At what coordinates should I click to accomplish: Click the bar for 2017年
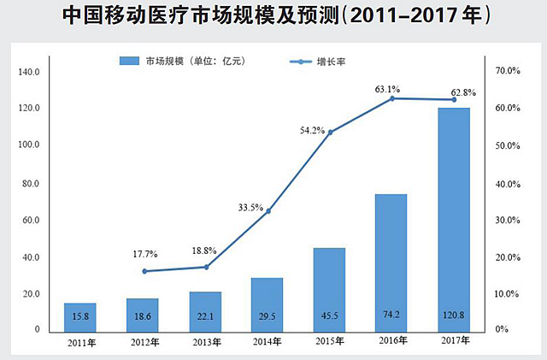tap(454, 218)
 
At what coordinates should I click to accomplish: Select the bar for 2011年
tap(79, 316)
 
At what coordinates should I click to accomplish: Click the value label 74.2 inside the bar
tap(391, 315)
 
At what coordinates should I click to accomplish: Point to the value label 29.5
tap(267, 315)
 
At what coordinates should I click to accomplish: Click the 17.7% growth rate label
tap(145, 254)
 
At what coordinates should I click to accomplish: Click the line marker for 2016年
tap(392, 98)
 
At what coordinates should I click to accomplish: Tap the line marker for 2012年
tap(144, 271)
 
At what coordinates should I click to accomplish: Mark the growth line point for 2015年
tap(330, 132)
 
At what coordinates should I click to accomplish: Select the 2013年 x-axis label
tap(205, 343)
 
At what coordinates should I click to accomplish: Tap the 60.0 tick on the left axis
tap(30, 220)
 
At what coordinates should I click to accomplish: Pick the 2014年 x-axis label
tap(268, 343)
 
